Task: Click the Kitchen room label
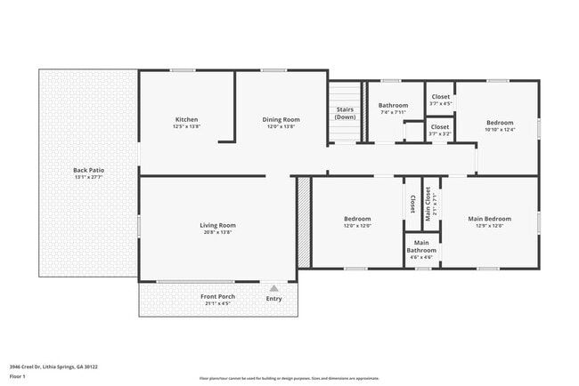[x=186, y=120]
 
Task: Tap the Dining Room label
[x=281, y=120]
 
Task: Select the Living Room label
[x=217, y=225]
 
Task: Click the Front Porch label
[x=216, y=296]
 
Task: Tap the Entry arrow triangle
[x=273, y=288]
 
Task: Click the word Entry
[x=273, y=298]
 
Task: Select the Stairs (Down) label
[x=346, y=113]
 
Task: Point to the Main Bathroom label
[x=421, y=246]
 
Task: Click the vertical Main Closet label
[x=428, y=203]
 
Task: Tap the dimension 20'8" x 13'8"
[x=217, y=232]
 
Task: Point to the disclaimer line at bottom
[x=289, y=377]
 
